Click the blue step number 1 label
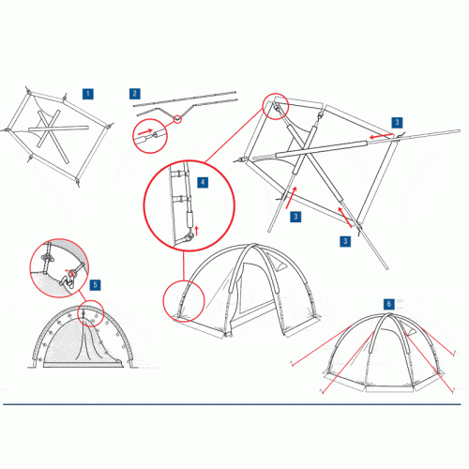(88, 94)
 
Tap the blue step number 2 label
(135, 94)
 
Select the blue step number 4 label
(203, 182)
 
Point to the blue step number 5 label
(96, 285)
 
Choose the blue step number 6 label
(389, 304)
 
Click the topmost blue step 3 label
(397, 122)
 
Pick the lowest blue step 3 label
(345, 241)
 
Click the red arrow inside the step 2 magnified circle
(145, 131)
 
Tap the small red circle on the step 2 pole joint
(177, 119)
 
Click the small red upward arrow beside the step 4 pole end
(196, 231)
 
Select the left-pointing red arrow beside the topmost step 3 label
(381, 136)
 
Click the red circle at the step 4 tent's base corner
(163, 301)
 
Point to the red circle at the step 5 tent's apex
(78, 313)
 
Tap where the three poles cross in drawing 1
(48, 129)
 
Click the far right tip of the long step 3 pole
(460, 131)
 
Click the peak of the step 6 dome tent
(388, 314)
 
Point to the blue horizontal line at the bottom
(232, 404)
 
